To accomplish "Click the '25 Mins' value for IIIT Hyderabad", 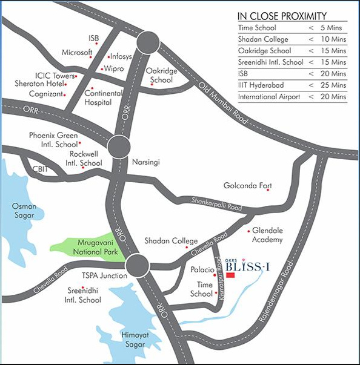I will click(331, 84).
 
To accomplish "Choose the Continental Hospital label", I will click(103, 98).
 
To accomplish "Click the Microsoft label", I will click(76, 53).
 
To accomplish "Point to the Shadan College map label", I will click(171, 241).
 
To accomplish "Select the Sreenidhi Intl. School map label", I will click(84, 295).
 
